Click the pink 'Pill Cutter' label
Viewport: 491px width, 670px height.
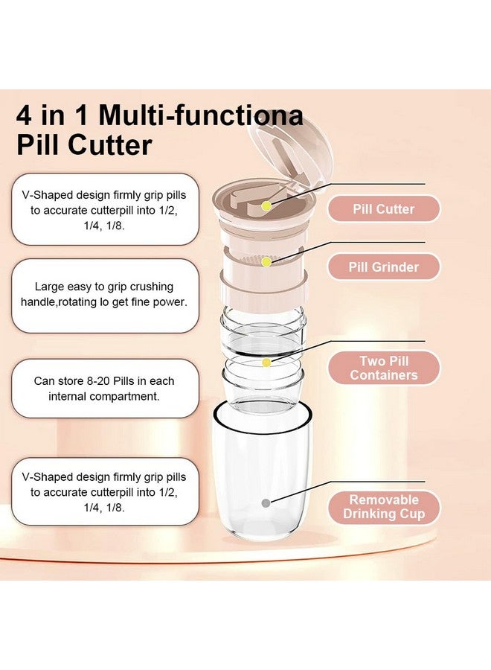pos(385,209)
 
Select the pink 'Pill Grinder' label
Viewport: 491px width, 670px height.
pos(384,267)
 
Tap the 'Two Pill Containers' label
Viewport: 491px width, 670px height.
pos(384,368)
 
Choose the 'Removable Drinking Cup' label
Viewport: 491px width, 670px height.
pos(384,507)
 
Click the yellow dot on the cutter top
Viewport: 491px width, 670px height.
pos(266,204)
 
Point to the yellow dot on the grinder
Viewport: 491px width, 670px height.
pos(266,262)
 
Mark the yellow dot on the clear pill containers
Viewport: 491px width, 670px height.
pos(266,363)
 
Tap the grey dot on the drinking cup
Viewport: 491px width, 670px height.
pos(266,503)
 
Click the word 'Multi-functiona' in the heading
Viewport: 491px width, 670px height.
pos(201,115)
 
